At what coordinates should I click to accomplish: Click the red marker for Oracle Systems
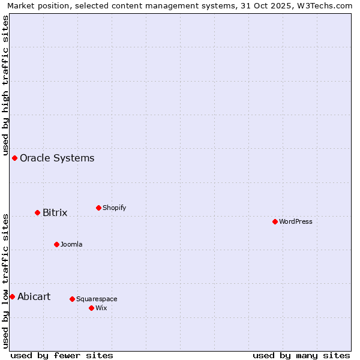(x=15, y=158)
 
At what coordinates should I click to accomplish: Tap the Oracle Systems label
(x=57, y=158)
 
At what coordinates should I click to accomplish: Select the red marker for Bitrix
(x=37, y=213)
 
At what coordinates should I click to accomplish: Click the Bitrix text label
(x=55, y=213)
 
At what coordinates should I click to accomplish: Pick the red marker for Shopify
(x=98, y=208)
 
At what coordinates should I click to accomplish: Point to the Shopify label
(x=114, y=208)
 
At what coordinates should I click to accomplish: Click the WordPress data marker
(x=275, y=222)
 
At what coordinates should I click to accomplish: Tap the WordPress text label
(x=295, y=222)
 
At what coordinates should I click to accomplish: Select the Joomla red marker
(x=56, y=245)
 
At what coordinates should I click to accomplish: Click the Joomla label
(x=71, y=245)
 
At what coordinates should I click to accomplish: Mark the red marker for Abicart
(x=12, y=297)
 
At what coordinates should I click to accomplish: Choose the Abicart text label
(x=34, y=297)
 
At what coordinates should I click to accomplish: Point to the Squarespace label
(x=97, y=299)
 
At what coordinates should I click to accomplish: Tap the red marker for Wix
(x=91, y=308)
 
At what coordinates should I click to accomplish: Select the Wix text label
(x=101, y=308)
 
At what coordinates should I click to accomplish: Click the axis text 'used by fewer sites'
(x=62, y=356)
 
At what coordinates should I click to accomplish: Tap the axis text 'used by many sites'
(x=301, y=356)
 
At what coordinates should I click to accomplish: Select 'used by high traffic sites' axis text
(x=6, y=84)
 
